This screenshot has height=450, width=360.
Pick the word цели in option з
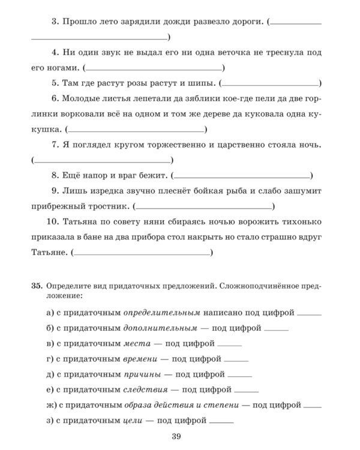pyautogui.click(x=134, y=421)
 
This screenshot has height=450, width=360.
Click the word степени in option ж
pyautogui.click(x=221, y=405)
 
